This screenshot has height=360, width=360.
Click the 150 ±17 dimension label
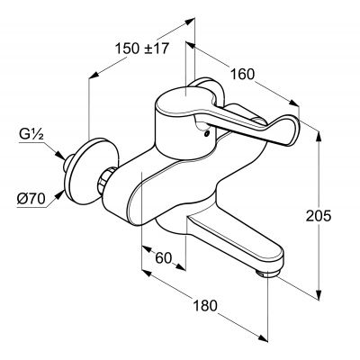(142, 49)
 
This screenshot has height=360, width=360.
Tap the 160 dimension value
(242, 74)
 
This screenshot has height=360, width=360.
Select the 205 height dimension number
(319, 215)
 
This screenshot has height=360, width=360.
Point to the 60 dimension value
(164, 257)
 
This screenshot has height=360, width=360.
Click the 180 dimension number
(205, 306)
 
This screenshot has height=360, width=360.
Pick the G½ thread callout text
(31, 135)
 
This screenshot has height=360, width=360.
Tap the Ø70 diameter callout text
(31, 199)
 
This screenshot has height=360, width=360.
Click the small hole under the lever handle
(206, 133)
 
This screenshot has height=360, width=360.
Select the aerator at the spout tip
(268, 273)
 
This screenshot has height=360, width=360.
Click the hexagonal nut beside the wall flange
(105, 179)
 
